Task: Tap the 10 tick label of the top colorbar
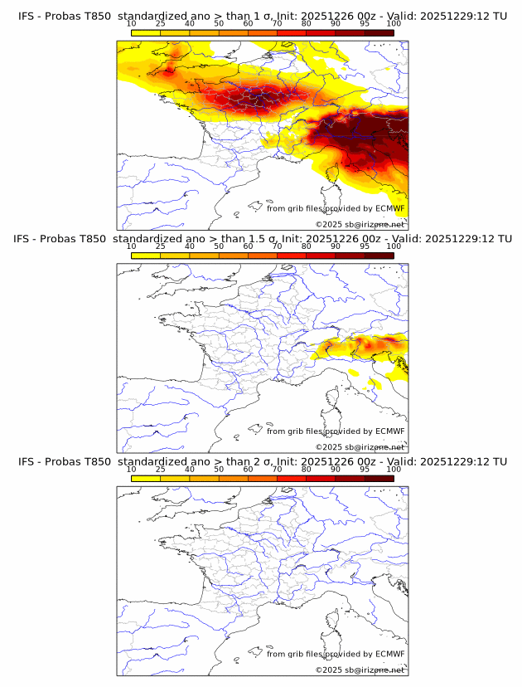click(x=131, y=23)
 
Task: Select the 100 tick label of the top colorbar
click(x=394, y=23)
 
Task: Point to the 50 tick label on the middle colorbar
click(x=219, y=246)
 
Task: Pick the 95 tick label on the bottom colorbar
click(x=365, y=470)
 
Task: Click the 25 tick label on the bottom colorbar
click(x=160, y=470)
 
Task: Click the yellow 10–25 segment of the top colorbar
click(x=146, y=32)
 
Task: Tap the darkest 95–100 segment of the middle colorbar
click(x=379, y=255)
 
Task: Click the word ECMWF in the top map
click(x=390, y=208)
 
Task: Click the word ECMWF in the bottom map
click(x=390, y=654)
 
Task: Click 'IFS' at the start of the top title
click(x=27, y=15)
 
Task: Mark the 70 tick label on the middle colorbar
click(x=277, y=246)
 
